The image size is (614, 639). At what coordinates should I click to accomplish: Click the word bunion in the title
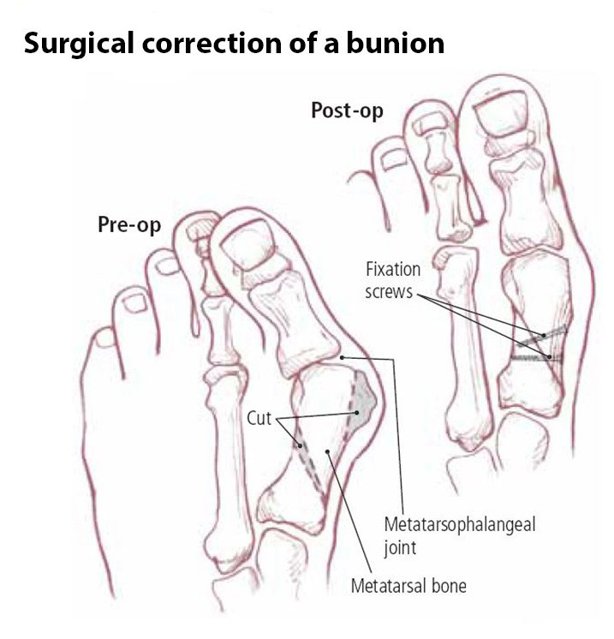click(396, 43)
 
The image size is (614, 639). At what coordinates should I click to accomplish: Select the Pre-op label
click(129, 225)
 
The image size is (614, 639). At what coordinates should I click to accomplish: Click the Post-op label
click(347, 110)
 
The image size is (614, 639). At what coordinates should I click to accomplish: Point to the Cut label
click(259, 418)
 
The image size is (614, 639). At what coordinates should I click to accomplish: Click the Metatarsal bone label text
click(408, 586)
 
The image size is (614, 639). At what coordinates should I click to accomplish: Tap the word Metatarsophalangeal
click(460, 526)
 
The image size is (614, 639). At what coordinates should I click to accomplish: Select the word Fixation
click(393, 269)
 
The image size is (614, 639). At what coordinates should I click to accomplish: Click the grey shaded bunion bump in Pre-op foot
click(364, 400)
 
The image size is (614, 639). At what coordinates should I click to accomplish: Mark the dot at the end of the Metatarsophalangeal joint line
click(343, 357)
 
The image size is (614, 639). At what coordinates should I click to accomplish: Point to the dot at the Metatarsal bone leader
click(327, 451)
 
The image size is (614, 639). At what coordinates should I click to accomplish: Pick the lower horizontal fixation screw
click(536, 358)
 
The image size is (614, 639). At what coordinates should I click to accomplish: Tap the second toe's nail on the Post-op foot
click(428, 123)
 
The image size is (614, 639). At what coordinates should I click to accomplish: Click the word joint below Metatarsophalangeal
click(400, 548)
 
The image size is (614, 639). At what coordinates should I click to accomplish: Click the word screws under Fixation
click(389, 293)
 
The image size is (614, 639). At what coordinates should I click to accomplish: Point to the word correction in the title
click(212, 44)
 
